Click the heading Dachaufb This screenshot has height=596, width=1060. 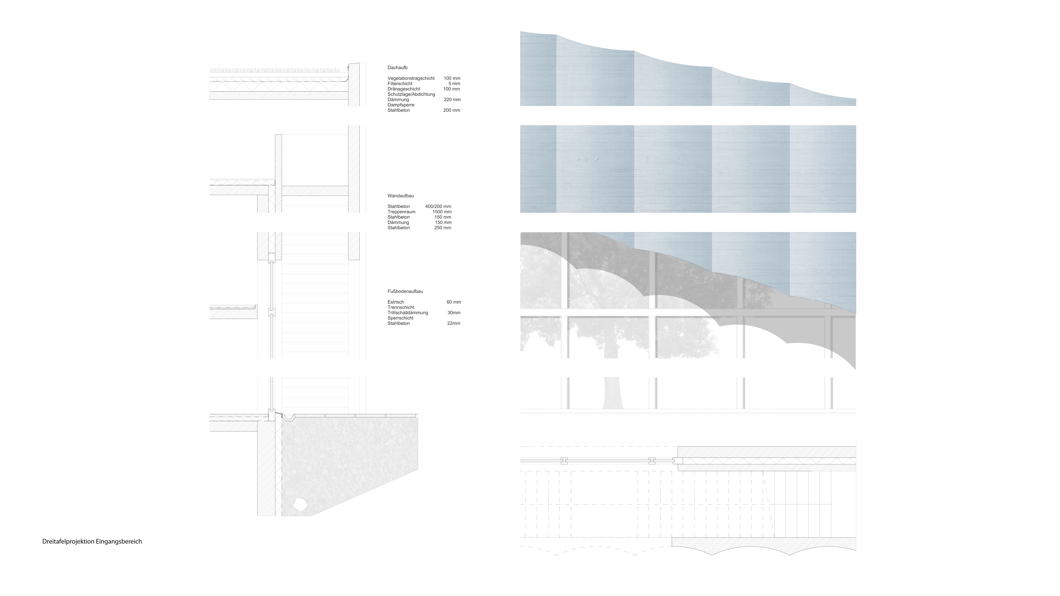point(397,68)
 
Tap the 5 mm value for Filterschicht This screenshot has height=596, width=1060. point(454,84)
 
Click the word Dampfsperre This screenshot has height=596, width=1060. point(401,105)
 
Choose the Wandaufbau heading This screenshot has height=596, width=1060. point(400,196)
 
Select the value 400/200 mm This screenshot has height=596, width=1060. point(438,206)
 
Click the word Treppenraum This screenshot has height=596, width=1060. point(401,212)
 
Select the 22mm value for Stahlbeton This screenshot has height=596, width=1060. point(453,323)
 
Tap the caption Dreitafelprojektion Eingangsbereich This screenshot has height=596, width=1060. point(92,541)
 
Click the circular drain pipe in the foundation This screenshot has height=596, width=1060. point(300,504)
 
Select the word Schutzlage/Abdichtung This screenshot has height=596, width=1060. point(411,94)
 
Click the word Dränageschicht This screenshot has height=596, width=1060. point(404,89)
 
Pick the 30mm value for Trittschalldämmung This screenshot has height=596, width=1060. point(454,313)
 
